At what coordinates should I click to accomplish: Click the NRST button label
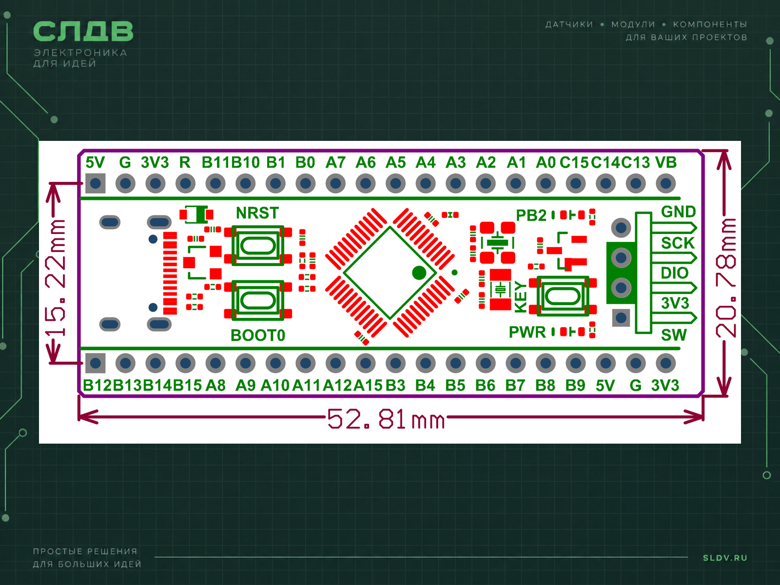pyautogui.click(x=257, y=213)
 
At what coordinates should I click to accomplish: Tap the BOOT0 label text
pyautogui.click(x=257, y=335)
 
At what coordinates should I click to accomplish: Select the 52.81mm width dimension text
pyautogui.click(x=386, y=419)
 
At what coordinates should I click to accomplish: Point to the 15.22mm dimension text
pyautogui.click(x=56, y=278)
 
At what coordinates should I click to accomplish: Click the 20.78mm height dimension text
pyautogui.click(x=725, y=278)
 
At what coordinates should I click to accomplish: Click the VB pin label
pyautogui.click(x=666, y=163)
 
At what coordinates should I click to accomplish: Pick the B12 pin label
pyautogui.click(x=97, y=386)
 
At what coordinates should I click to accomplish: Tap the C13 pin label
pyautogui.click(x=636, y=163)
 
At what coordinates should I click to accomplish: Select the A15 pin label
pyautogui.click(x=368, y=386)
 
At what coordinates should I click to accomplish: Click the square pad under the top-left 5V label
pyautogui.click(x=95, y=184)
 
